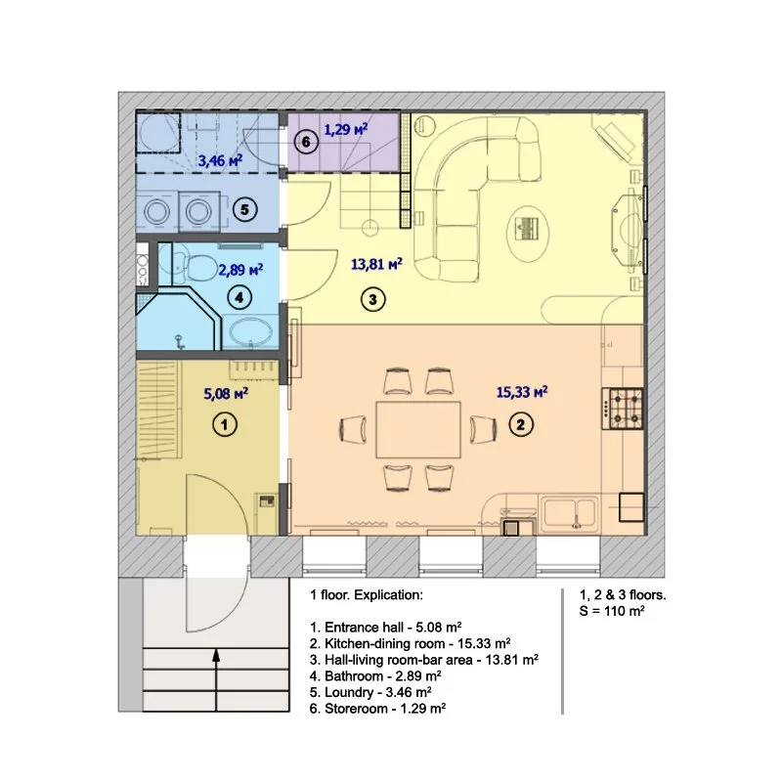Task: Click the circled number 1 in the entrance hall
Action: point(225,425)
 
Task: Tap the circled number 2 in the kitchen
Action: point(521,425)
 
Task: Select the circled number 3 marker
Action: point(372,299)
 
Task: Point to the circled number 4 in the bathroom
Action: point(239,298)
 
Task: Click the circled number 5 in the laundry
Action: point(244,209)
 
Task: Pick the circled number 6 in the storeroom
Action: point(306,142)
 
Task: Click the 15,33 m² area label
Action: point(522,392)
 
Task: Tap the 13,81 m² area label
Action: point(376,263)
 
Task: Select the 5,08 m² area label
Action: point(226,394)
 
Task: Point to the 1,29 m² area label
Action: point(346,130)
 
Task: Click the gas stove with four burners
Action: point(623,409)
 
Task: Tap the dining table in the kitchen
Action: point(418,429)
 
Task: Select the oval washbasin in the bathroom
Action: point(250,331)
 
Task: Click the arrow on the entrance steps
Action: point(216,679)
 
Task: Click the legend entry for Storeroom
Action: point(377,708)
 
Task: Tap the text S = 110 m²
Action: point(612,611)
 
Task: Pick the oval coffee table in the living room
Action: point(528,232)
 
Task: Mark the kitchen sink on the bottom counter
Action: point(570,513)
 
